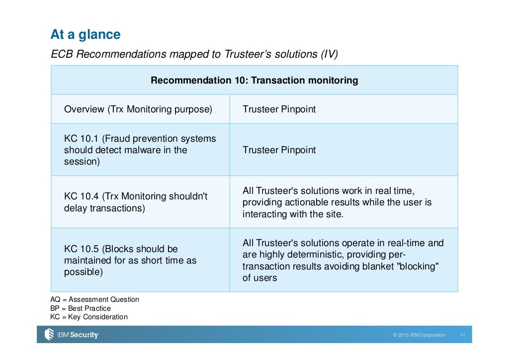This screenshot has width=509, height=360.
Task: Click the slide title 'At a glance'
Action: [x=85, y=35]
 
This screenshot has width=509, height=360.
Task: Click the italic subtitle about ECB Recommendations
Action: [x=194, y=54]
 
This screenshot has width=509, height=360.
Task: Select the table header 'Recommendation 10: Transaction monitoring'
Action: [x=254, y=80]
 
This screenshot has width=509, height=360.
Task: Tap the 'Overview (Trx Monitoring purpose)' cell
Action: [x=138, y=109]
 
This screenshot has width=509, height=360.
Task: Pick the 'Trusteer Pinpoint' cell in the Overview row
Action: [x=279, y=109]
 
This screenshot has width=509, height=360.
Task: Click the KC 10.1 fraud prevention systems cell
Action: [x=140, y=150]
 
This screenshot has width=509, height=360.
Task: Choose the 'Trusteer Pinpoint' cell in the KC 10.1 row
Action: [x=279, y=150]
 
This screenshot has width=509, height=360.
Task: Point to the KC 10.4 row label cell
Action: [x=135, y=202]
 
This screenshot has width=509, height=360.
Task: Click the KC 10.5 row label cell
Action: [x=130, y=260]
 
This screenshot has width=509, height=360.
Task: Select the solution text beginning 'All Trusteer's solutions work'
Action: [x=337, y=202]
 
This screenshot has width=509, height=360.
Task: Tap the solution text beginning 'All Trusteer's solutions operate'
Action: [x=342, y=260]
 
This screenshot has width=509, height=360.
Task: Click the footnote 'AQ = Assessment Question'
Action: [x=94, y=299]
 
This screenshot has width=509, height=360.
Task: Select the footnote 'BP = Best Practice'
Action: [x=81, y=308]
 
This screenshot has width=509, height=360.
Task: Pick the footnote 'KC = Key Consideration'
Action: [x=88, y=317]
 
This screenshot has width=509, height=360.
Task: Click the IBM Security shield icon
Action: [x=49, y=335]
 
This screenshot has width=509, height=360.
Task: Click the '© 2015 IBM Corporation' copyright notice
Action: [x=419, y=335]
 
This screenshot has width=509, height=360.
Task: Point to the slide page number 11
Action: [x=462, y=335]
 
